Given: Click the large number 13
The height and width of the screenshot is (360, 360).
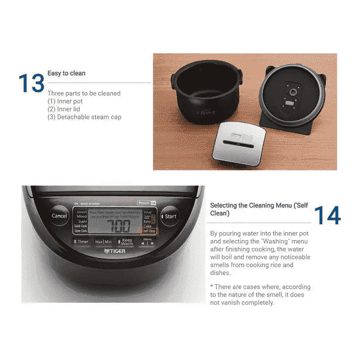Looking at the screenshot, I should coord(31,82).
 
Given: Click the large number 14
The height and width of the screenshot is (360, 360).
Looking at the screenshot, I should coord(326,216).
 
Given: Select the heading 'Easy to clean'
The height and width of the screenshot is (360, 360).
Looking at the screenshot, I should coord(66,73).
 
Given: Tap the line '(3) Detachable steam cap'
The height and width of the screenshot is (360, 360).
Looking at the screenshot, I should coord(84,117).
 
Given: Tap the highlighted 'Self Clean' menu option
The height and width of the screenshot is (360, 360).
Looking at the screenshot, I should coord(150,231).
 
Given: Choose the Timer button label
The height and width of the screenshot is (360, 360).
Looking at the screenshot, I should coord(82,242).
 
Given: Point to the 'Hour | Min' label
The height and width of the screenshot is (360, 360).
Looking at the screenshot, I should coord(103,242).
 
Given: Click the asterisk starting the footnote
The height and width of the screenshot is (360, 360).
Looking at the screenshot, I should coord(211,287).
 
